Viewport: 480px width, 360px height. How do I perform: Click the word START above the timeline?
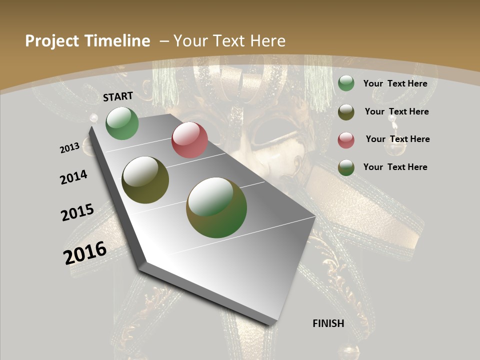(118, 96)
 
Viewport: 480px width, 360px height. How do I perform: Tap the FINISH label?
(328, 323)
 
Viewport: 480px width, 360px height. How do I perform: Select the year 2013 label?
(70, 148)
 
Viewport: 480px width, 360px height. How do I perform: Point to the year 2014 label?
(74, 177)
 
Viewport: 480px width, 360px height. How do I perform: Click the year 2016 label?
(85, 253)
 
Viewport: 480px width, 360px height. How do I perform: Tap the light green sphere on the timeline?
(122, 123)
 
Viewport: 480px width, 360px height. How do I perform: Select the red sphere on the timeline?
(189, 140)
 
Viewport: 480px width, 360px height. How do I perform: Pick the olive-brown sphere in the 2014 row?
(145, 180)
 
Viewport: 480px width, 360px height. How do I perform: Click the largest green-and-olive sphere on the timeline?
(216, 207)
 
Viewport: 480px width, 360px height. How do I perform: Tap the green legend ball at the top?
(346, 83)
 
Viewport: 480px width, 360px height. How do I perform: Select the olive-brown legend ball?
(346, 112)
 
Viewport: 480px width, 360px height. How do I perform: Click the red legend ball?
(346, 140)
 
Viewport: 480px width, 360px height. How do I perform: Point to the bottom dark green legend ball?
(346, 167)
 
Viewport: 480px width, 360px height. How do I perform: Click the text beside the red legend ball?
(397, 139)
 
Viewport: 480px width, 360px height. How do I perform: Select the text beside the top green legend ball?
(395, 83)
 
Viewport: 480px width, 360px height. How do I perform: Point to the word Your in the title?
(191, 41)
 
